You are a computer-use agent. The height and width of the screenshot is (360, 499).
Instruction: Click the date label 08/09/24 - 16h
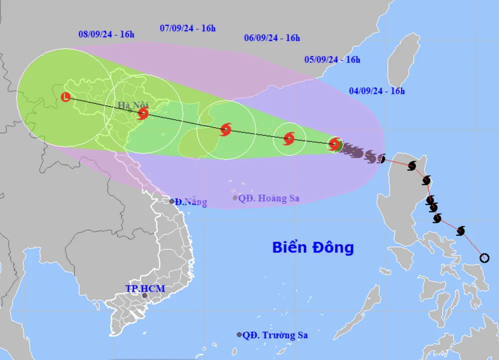106,34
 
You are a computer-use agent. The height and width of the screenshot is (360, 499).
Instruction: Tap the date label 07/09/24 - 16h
188,28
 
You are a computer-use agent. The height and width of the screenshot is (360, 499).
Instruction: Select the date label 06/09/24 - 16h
272,37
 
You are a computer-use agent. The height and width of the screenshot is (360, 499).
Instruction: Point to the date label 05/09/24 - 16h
332,59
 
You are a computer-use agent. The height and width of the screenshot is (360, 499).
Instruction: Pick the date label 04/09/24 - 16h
377,90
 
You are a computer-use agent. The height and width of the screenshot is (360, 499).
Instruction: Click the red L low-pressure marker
65,97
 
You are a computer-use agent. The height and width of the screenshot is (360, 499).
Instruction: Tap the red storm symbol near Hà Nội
143,114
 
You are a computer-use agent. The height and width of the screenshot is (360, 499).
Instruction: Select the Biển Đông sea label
313,247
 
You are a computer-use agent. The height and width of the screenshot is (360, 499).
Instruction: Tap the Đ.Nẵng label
191,202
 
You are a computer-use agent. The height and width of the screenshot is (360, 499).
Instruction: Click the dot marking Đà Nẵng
172,202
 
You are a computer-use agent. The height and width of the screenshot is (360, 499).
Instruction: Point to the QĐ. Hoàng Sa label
268,198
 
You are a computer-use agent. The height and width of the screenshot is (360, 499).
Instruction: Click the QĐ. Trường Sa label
275,335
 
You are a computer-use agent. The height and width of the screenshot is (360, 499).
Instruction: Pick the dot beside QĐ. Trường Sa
239,335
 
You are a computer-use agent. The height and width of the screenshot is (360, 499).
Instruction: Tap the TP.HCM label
145,289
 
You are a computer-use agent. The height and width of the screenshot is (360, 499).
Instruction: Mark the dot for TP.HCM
145,296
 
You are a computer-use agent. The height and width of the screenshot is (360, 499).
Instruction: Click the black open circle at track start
484,258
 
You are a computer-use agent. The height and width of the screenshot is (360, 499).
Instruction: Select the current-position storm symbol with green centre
335,144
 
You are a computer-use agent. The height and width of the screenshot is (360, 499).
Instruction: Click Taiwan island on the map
403,60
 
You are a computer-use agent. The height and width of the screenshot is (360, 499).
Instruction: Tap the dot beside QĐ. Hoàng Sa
235,198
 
